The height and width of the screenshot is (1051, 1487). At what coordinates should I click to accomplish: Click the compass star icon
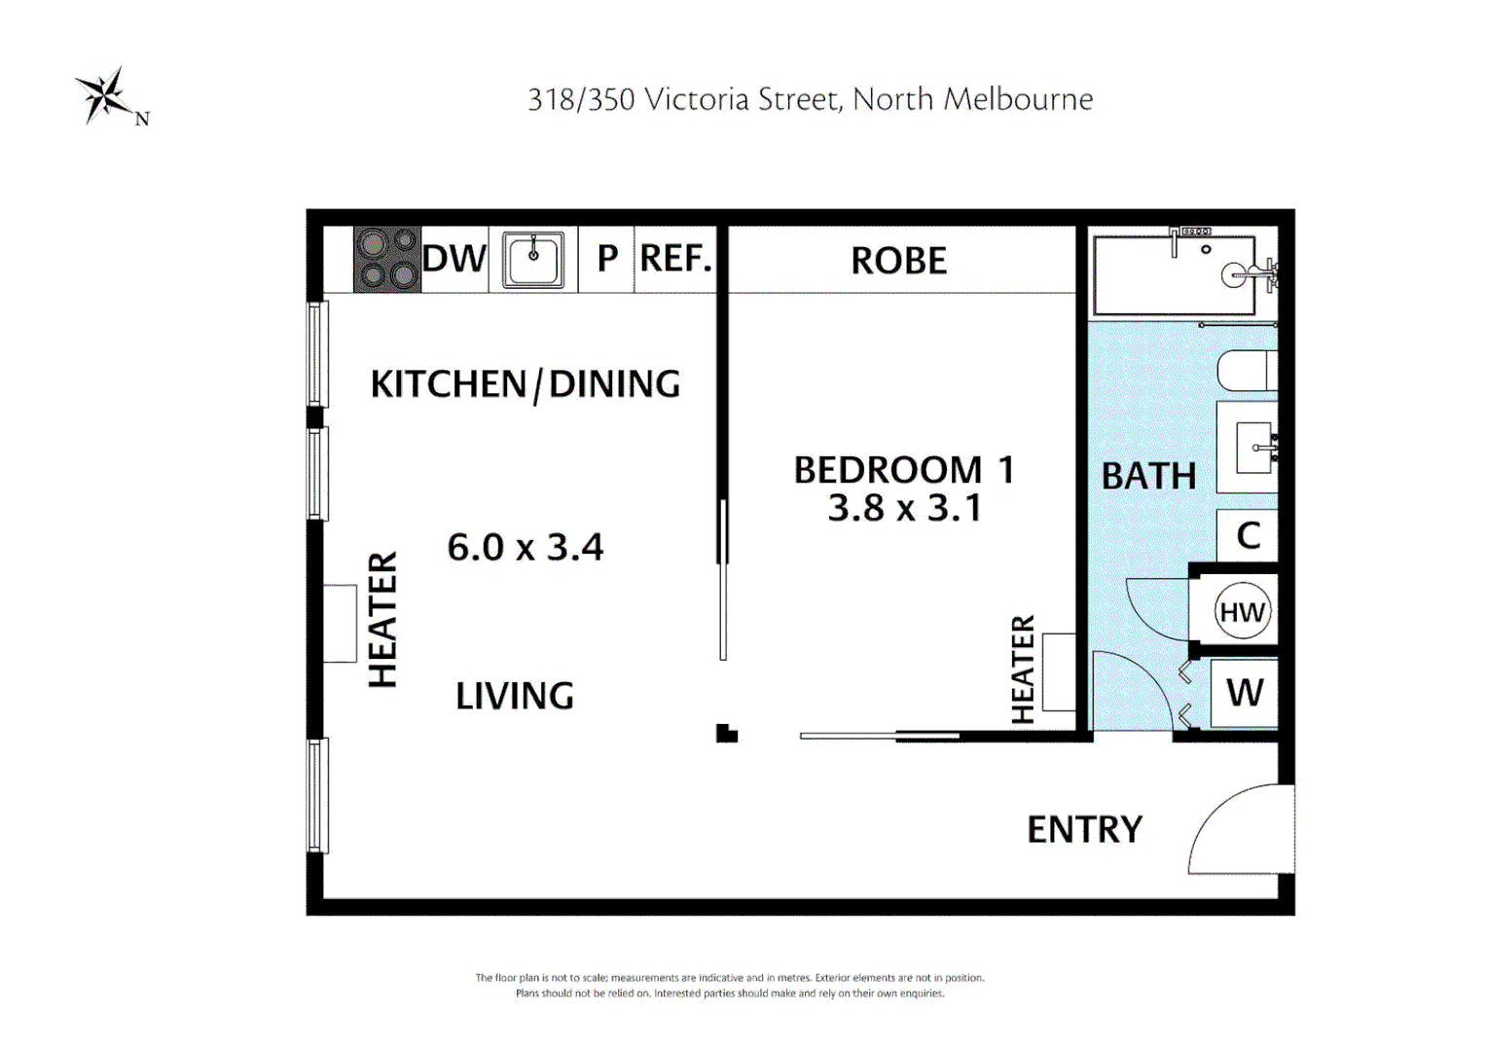[105, 95]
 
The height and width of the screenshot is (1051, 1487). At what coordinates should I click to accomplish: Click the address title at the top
[810, 99]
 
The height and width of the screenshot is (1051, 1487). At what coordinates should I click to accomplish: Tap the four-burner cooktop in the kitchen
[387, 259]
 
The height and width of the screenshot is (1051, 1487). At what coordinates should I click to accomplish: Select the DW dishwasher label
[454, 258]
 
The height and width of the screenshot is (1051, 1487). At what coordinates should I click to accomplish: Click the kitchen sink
[533, 260]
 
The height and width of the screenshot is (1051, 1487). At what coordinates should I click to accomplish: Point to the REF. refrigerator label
[675, 258]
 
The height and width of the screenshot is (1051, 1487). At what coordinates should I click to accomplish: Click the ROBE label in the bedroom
[899, 260]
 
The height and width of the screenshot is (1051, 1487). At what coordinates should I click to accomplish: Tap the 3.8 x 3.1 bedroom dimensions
[905, 509]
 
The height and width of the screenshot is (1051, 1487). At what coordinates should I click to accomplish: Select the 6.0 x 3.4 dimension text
[526, 548]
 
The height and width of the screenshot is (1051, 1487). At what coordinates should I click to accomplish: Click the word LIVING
[515, 696]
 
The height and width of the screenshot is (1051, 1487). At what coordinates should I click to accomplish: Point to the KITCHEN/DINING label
[526, 384]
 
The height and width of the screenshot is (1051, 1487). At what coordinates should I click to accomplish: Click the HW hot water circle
[1243, 611]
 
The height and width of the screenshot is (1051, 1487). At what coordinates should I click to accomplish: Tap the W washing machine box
[1244, 693]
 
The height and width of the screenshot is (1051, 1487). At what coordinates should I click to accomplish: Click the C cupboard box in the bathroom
[1248, 535]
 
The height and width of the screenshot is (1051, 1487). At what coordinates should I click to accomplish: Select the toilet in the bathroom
[1248, 371]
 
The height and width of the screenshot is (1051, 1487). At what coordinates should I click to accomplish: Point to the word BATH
[1148, 476]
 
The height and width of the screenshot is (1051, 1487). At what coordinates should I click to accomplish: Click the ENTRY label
[1085, 829]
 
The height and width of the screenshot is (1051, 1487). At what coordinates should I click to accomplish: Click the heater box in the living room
[340, 623]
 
